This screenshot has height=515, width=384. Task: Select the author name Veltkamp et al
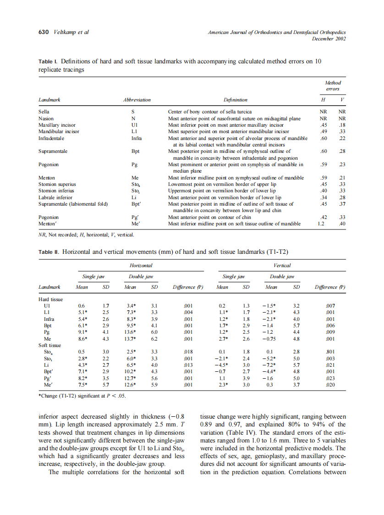coord(71,32)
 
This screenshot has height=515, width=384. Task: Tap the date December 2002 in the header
coord(329,39)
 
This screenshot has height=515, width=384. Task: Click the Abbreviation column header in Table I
coord(137,100)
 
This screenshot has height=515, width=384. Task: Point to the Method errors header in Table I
coord(333,86)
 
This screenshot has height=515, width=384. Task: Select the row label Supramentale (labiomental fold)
coord(73,204)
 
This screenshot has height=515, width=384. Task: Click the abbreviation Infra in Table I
coord(136,138)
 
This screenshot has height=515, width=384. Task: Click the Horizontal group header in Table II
coord(141,266)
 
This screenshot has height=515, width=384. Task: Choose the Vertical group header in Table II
coord(282,265)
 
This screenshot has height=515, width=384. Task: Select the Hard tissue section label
coord(50,299)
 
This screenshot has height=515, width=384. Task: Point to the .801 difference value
coord(329,352)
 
